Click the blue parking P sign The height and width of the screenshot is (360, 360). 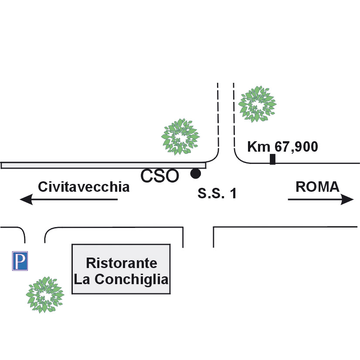(x=20, y=261)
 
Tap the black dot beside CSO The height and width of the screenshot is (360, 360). (x=196, y=173)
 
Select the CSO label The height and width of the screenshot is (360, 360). (x=160, y=176)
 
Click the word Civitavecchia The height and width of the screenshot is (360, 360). (x=84, y=187)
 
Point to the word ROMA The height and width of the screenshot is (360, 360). (x=318, y=187)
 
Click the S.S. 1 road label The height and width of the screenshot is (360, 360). (x=217, y=194)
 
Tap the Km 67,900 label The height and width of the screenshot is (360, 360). (x=282, y=146)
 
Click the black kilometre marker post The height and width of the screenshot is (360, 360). (x=272, y=160)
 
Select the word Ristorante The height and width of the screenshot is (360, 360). (x=122, y=263)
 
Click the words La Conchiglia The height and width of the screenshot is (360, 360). (x=121, y=280)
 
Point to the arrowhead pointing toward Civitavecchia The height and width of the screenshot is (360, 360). (x=26, y=199)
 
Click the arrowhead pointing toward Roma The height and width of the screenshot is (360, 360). (x=347, y=199)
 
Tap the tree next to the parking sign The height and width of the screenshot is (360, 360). (x=45, y=295)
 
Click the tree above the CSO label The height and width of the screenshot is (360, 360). (x=180, y=136)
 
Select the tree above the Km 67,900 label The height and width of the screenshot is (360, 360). (x=258, y=104)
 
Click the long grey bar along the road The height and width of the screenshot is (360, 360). (x=103, y=165)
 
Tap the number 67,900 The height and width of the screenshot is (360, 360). (x=296, y=146)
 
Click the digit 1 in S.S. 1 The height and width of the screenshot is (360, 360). (x=234, y=194)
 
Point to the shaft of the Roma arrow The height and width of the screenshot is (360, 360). (x=315, y=199)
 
